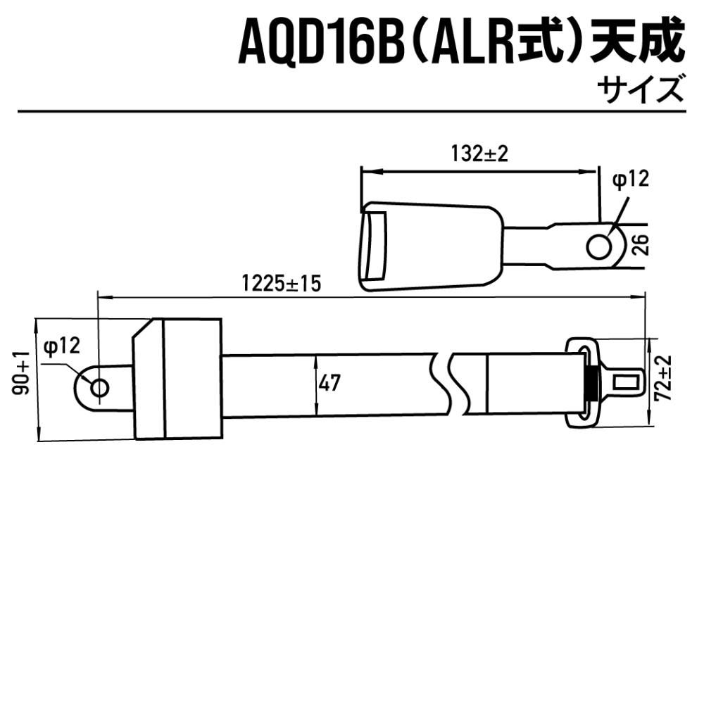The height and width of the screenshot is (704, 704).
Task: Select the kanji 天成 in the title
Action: (x=637, y=44)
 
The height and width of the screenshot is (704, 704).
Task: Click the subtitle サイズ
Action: (x=641, y=91)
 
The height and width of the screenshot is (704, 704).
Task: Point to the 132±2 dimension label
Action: (x=479, y=154)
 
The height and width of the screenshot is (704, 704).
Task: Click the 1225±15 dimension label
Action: (x=281, y=284)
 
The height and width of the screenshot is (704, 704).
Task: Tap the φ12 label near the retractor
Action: (x=62, y=346)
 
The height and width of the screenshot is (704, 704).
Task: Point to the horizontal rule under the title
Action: (x=352, y=111)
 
